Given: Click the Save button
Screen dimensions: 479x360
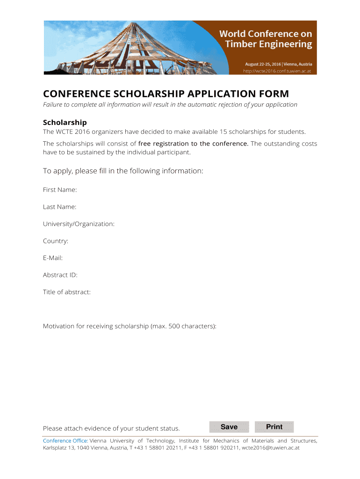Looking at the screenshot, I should pyautogui.click(x=229, y=427).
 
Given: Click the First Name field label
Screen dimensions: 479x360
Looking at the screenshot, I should pyautogui.click(x=60, y=190).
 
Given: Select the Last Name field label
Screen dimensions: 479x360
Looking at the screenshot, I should pyautogui.click(x=60, y=207).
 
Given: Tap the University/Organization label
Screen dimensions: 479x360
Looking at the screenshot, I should pyautogui.click(x=79, y=224).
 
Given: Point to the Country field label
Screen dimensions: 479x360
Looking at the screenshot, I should pyautogui.click(x=56, y=241).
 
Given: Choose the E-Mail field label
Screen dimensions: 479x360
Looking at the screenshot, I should pyautogui.click(x=53, y=258).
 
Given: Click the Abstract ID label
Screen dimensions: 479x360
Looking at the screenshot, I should pyautogui.click(x=60, y=275).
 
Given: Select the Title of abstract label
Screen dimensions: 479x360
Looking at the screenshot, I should pyautogui.click(x=67, y=292).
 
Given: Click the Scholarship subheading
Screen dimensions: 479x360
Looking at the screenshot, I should pyautogui.click(x=65, y=123).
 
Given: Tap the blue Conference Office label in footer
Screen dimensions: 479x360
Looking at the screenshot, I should pyautogui.click(x=65, y=441).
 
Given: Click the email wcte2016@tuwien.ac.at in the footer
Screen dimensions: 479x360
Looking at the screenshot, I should pyautogui.click(x=270, y=448).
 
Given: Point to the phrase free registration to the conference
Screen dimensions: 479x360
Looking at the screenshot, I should pyautogui.click(x=193, y=144).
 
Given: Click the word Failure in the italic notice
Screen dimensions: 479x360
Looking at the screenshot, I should pyautogui.click(x=54, y=104).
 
